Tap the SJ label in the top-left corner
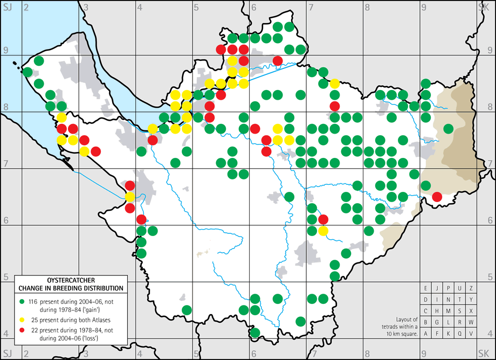8,7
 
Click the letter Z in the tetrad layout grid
471,288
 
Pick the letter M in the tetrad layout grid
448,311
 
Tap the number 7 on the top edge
311,7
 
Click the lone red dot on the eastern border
437,197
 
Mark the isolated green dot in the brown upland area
448,128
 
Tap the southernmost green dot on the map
255,333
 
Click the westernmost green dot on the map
27,72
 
